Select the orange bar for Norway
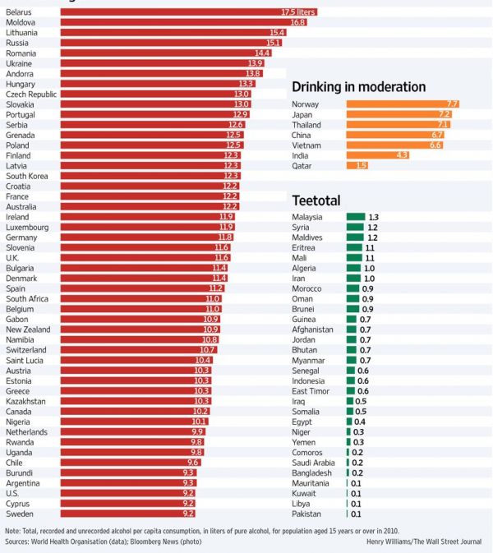click(403, 104)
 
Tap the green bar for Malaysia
click(355, 217)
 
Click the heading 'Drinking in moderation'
click(358, 87)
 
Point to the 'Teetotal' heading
click(316, 200)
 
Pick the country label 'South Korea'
click(27, 176)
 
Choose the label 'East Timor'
click(311, 391)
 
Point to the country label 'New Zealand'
click(28, 329)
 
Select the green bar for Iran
click(353, 279)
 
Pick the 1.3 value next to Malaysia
click(373, 217)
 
